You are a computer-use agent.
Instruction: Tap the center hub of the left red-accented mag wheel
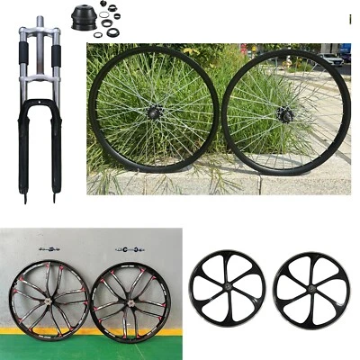coord(49,299)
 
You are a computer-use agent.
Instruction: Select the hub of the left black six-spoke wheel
coord(227,290)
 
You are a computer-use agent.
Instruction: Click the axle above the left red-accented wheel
coord(49,248)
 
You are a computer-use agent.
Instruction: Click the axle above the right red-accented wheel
coord(125,248)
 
